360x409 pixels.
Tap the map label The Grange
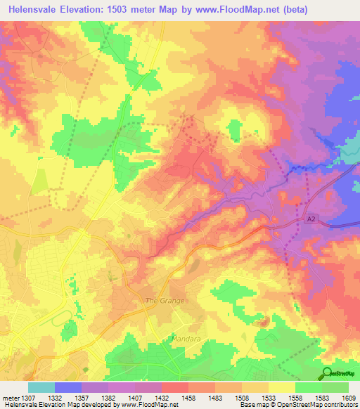tap(165, 301)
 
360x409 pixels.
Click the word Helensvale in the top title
tap(33, 8)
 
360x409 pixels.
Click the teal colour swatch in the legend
tap(41, 387)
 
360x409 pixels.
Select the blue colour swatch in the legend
tap(68, 387)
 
